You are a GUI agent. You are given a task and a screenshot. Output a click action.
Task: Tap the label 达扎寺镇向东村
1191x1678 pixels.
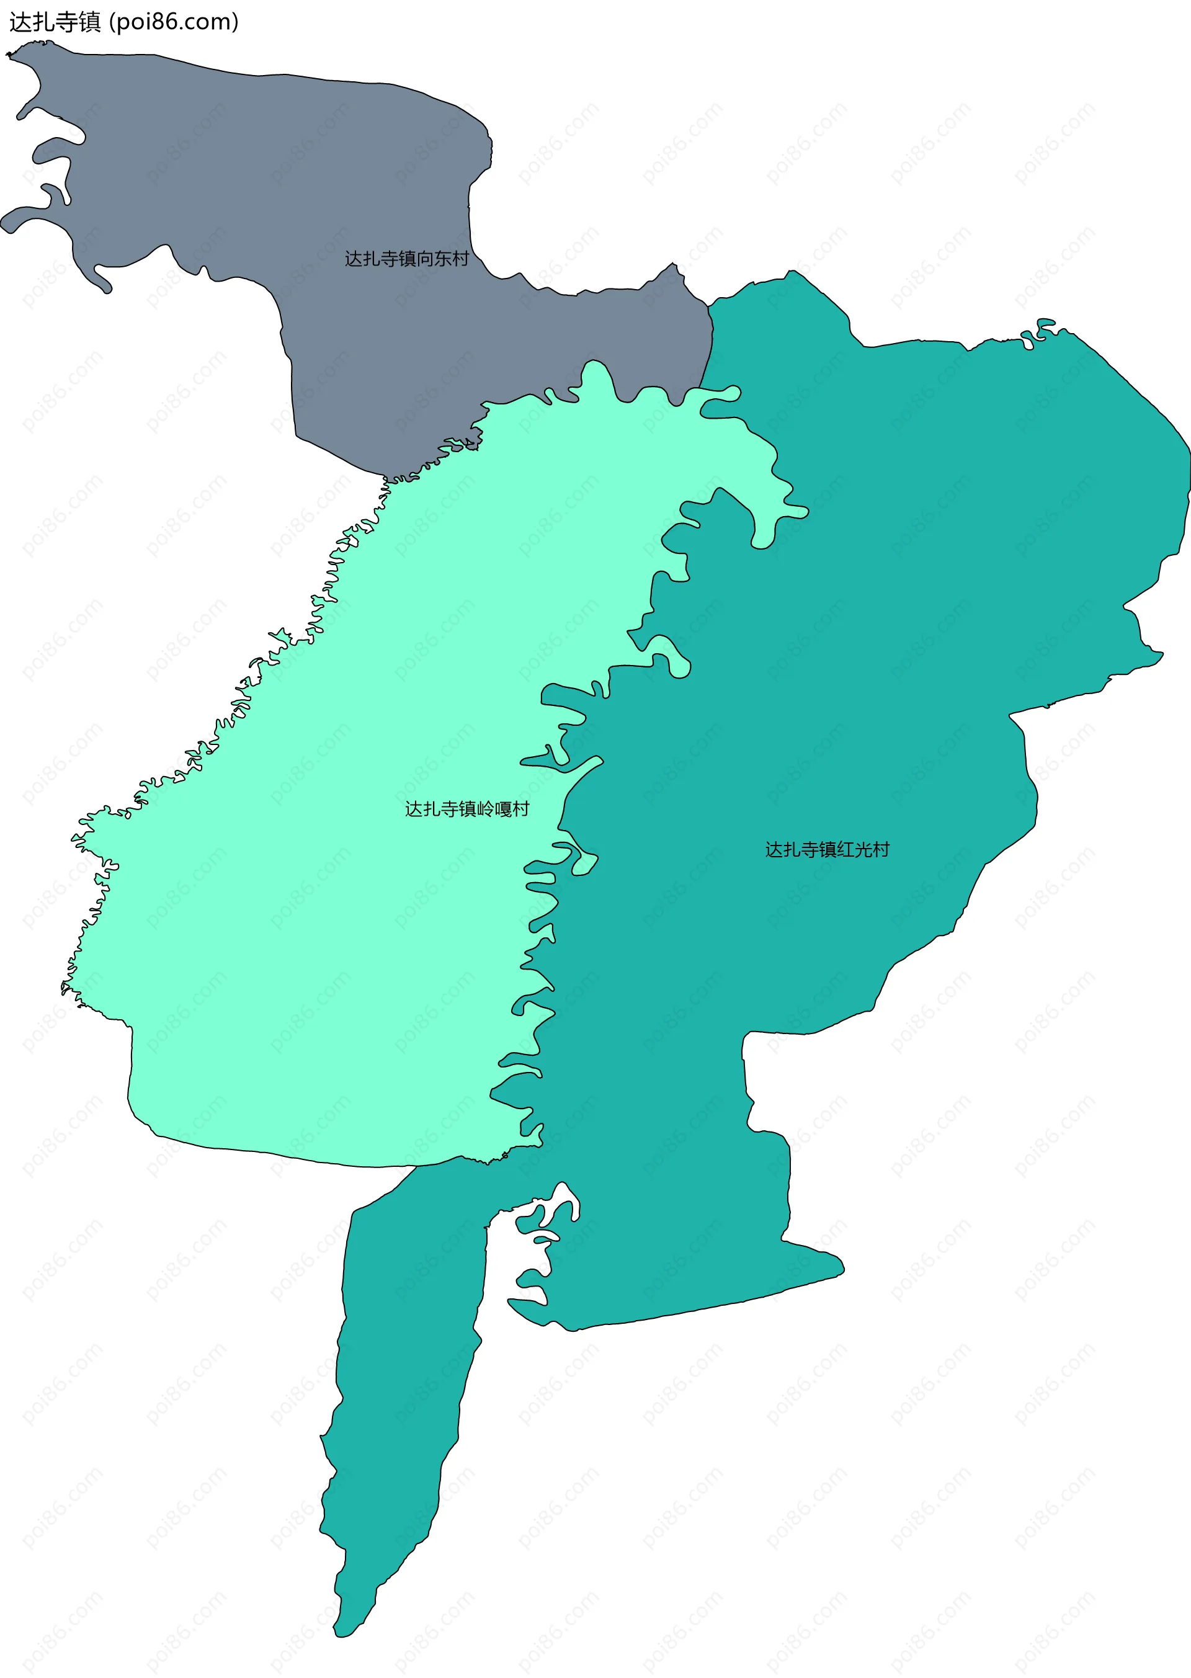pyautogui.click(x=406, y=259)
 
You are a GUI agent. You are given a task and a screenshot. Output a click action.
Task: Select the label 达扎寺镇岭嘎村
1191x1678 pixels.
pyautogui.click(x=466, y=809)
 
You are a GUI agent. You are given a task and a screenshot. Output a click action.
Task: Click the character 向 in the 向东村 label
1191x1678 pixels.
pyautogui.click(x=426, y=259)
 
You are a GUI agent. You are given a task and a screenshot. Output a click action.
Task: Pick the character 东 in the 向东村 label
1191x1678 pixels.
pyautogui.click(x=443, y=259)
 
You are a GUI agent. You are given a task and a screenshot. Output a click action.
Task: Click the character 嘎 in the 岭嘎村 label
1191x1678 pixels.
pyautogui.click(x=503, y=809)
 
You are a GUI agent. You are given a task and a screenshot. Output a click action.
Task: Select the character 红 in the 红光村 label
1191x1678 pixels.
pyautogui.click(x=845, y=849)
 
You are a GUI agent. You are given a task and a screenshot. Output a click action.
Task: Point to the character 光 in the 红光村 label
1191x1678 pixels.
pyautogui.click(x=863, y=849)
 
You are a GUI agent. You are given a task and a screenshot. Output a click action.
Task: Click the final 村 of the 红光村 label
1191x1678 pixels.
pyautogui.click(x=881, y=849)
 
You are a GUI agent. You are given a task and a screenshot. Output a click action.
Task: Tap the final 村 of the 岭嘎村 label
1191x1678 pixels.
pyautogui.click(x=520, y=809)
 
